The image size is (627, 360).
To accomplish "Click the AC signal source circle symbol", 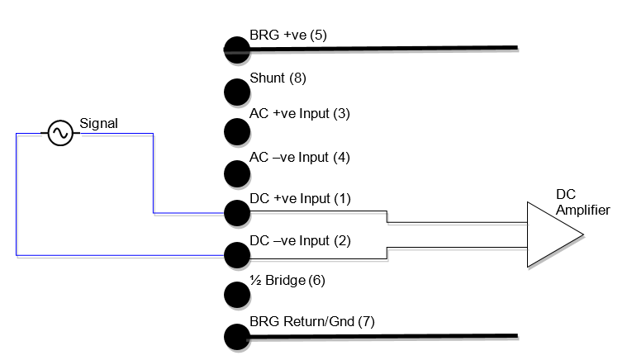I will click(x=59, y=134).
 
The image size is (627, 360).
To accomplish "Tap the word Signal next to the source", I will click(x=98, y=124).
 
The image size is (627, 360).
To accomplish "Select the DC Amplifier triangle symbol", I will click(x=553, y=234).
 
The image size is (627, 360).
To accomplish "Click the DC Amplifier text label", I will click(x=582, y=202).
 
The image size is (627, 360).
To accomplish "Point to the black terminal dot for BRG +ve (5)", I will click(x=236, y=49).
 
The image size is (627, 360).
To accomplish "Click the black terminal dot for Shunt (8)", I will click(x=236, y=90).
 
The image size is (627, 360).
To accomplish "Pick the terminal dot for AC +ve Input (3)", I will click(x=236, y=130).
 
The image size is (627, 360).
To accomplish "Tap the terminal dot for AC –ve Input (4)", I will click(x=236, y=172).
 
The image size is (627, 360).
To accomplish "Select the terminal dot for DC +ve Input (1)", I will click(x=236, y=213).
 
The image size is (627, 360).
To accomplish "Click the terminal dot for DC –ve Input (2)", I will click(x=236, y=253).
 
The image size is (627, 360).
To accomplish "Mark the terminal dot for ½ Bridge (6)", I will click(x=236, y=295).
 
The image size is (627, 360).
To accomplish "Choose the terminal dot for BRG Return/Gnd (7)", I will click(x=236, y=336).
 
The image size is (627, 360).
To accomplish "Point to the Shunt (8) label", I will click(x=278, y=79).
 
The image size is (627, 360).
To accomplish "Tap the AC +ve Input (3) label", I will click(x=299, y=113).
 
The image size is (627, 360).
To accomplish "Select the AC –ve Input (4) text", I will click(x=300, y=157).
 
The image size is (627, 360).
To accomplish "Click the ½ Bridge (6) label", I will click(x=287, y=281).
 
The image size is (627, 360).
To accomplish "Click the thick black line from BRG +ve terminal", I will click(x=380, y=48).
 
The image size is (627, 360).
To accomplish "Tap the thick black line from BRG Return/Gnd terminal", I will click(x=380, y=336).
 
